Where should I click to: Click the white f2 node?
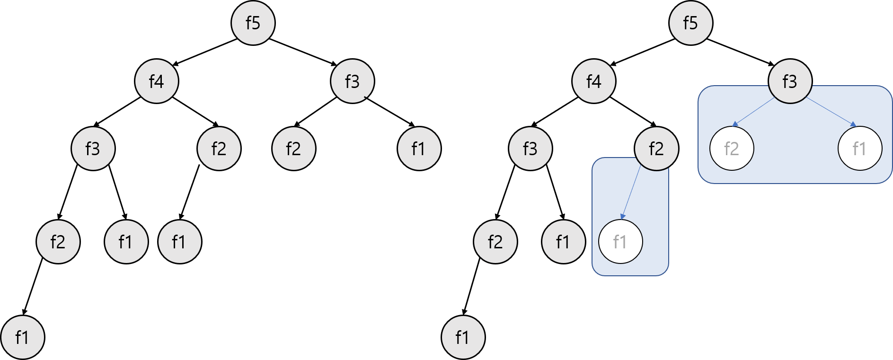731,149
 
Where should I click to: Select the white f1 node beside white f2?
859,149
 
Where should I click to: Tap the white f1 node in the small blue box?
620,242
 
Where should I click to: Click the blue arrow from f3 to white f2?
753,113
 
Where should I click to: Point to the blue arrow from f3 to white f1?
831,112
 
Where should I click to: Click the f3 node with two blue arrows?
790,81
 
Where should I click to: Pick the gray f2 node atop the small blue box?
656,149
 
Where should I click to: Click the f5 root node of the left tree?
253,23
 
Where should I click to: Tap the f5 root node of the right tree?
690,23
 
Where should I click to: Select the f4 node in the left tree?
157,81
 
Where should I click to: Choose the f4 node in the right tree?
593,81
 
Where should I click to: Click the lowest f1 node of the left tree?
22,337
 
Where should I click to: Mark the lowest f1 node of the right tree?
463,337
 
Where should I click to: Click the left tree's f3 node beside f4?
352,81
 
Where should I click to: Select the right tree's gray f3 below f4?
530,149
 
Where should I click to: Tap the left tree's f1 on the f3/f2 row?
419,149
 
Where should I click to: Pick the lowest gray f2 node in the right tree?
495,242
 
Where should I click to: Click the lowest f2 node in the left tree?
58,242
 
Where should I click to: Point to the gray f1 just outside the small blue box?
563,242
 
